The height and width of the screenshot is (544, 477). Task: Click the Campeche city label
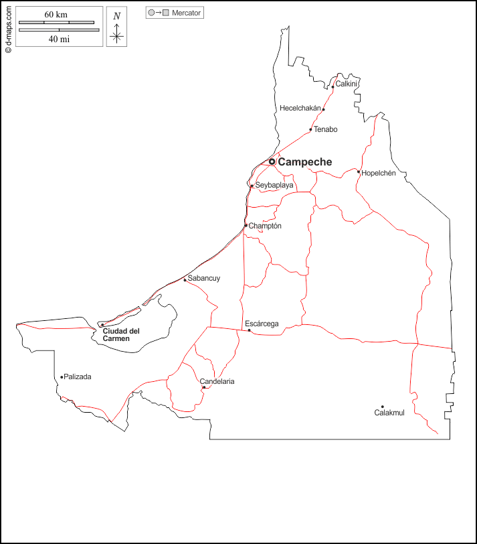304,162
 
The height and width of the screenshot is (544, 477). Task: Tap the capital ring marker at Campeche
272,161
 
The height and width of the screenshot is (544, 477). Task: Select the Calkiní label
347,84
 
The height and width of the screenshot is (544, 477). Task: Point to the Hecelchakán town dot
324,109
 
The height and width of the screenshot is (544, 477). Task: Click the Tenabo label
326,129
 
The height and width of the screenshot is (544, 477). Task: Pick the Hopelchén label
379,173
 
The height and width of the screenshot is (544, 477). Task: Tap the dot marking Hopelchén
359,172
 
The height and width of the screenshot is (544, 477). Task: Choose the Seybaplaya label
274,185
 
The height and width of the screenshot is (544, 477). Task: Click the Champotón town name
265,226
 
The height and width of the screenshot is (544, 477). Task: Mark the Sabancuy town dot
185,279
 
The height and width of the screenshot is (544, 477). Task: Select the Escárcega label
262,324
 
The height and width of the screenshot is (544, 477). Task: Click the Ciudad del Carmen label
120,335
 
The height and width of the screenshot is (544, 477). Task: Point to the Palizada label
78,377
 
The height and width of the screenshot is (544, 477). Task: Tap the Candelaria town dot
204,387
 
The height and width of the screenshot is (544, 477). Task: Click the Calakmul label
389,413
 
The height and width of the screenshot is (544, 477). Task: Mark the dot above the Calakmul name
383,407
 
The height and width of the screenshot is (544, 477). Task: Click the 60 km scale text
56,15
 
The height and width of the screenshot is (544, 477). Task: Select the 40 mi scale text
59,39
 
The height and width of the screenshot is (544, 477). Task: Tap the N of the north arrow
117,16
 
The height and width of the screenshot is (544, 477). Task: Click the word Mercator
186,13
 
